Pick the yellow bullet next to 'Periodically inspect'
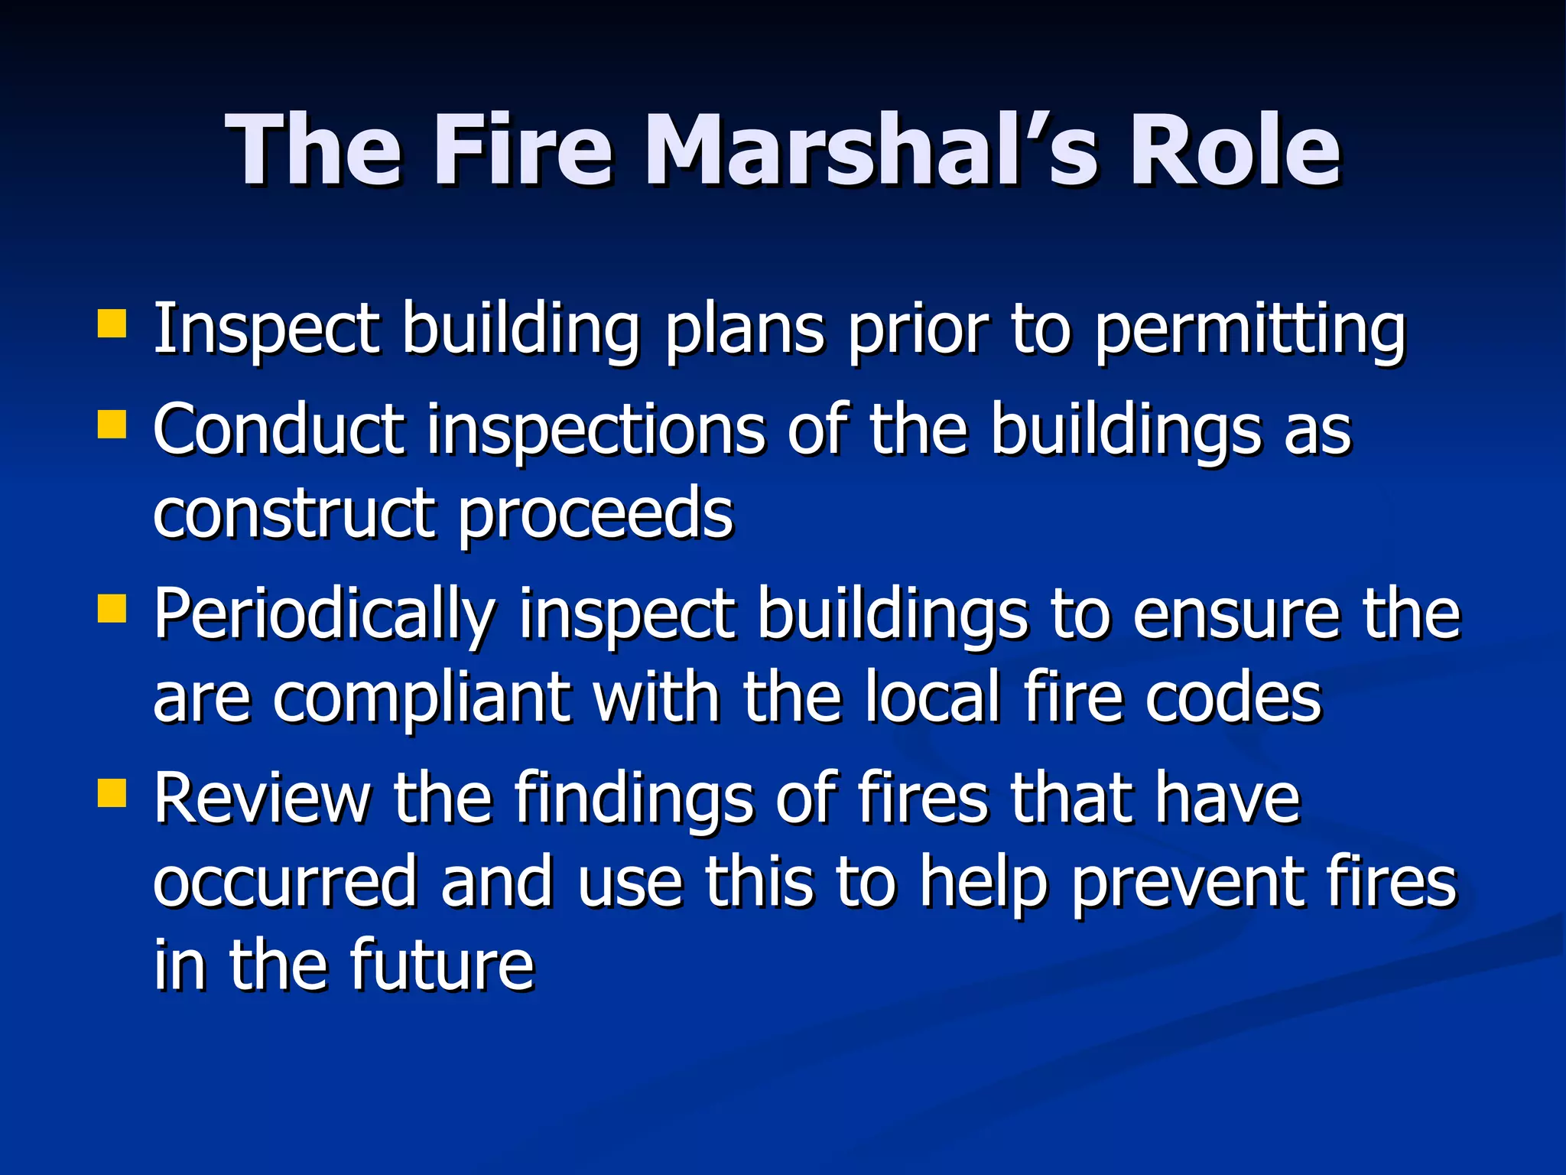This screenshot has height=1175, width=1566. point(112,609)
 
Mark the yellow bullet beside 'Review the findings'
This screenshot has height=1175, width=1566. point(112,793)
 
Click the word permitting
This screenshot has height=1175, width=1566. point(1249,330)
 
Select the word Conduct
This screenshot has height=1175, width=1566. point(278,430)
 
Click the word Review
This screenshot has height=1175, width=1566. point(262,799)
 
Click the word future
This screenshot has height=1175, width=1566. point(442,965)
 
